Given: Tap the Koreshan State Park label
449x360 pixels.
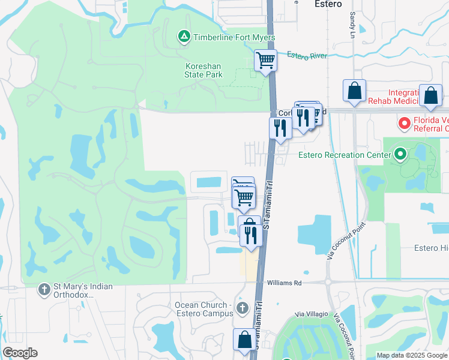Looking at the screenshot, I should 203,70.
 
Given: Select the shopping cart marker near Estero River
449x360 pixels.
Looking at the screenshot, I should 265,61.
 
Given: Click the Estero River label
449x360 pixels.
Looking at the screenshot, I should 307,55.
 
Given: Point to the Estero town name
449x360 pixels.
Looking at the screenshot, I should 328,4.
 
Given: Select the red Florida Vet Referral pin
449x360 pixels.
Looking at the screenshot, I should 405,124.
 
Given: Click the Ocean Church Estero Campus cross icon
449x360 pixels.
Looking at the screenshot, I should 242,309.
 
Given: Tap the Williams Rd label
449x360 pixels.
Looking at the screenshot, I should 284,282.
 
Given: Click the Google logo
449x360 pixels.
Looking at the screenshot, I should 20,353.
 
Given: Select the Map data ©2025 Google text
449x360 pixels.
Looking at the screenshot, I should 411,355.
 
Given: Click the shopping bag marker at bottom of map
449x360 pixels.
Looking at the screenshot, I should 244,340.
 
